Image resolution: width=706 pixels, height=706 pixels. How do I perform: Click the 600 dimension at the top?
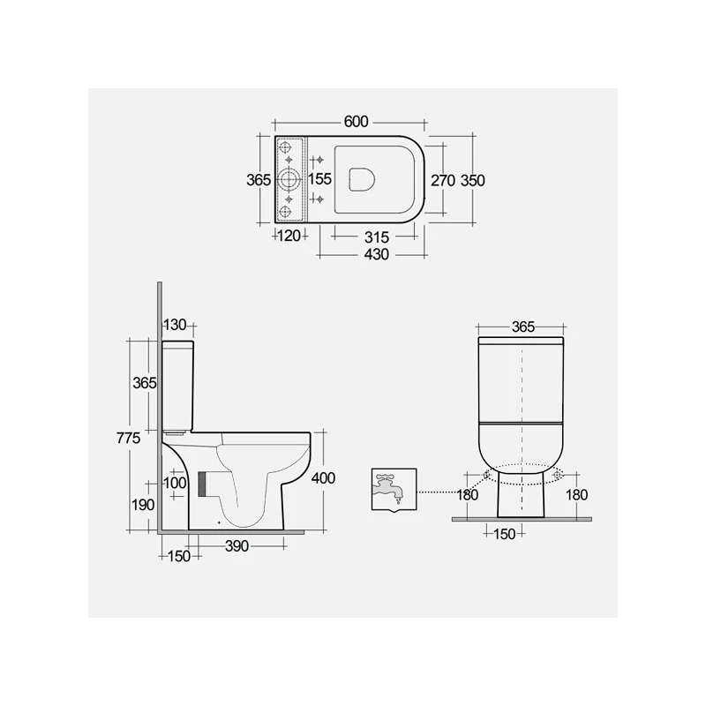pos(356,122)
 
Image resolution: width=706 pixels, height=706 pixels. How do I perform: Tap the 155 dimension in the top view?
pos(319,179)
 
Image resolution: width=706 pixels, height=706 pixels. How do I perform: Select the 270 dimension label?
pos(444,180)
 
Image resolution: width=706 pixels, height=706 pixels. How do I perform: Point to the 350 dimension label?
pos(473,180)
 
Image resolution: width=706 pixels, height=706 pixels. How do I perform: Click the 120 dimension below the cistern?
pos(289,235)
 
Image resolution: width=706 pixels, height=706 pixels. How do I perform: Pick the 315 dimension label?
pos(377,237)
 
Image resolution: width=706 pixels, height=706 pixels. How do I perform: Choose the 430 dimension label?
pos(377,254)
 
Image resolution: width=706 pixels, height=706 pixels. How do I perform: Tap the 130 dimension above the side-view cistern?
pos(175,324)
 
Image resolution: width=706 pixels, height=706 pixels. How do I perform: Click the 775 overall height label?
pos(129,438)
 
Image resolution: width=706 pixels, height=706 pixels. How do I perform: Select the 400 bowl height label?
pos(323,477)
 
